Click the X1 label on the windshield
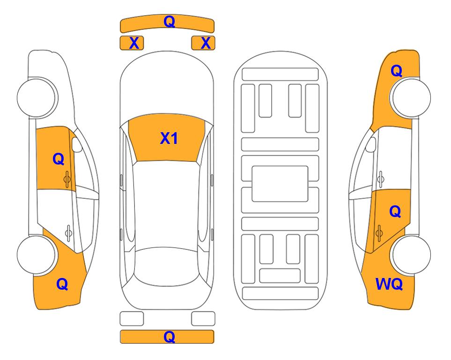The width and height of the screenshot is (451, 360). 169,138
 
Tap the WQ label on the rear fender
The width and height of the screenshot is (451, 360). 389,284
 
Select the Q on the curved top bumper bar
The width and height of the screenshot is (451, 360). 169,22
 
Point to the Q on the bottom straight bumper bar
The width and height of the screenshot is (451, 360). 169,337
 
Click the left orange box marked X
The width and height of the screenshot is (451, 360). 132,43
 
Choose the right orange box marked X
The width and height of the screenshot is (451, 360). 203,43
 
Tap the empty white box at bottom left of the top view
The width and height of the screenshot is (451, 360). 132,319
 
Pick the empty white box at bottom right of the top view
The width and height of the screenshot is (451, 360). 203,319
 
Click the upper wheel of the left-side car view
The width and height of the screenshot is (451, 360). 37,97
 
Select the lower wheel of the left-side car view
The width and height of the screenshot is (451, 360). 37,255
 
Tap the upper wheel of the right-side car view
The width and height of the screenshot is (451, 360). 411,97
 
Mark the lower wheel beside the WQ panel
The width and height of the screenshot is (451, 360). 411,255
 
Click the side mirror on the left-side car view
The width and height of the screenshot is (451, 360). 77,144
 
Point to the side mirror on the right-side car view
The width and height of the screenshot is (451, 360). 370,144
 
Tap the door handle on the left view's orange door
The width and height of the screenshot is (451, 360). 67,179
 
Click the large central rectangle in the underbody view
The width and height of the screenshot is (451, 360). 280,184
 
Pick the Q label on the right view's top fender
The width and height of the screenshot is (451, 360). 396,71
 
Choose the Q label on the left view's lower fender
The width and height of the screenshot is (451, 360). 62,284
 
